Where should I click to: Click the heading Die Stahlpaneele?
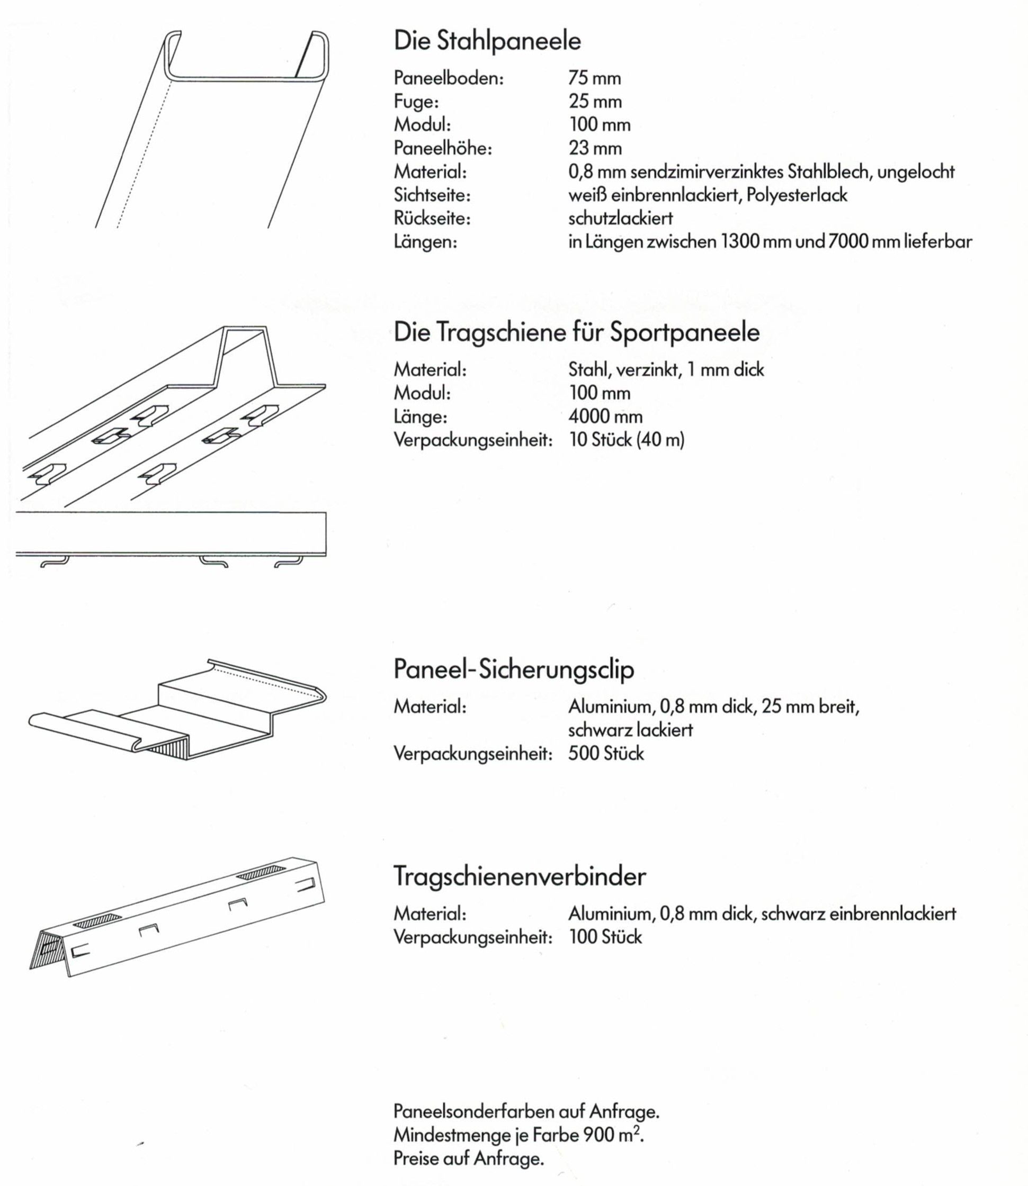487,41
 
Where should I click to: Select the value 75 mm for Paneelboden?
594,78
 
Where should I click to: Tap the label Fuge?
416,102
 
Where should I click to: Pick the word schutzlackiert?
620,219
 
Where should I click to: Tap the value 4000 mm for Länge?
605,417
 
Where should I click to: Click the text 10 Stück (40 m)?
627,440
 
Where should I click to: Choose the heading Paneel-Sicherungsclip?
513,669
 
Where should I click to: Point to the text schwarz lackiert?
630,730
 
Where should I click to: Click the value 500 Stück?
606,754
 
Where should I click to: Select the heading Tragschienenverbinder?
519,876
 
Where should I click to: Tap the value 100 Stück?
605,937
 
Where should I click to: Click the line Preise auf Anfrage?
468,1159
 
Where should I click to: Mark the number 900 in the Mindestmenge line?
600,1135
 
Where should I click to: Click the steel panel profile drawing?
212,129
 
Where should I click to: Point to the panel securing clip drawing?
178,711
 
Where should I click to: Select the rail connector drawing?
178,917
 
